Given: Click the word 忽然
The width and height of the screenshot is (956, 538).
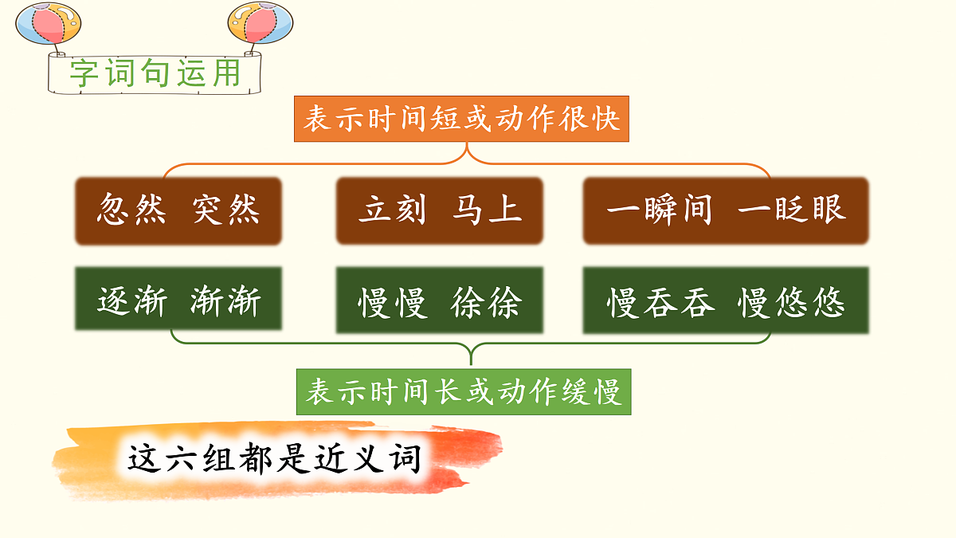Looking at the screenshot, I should (131, 210).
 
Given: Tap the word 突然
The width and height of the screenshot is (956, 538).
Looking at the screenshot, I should (225, 210).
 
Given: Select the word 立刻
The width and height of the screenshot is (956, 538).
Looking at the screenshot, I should (392, 210).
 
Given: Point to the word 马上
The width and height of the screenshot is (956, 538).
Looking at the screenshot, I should (487, 210).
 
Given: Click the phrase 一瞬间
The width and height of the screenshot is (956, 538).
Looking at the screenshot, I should (659, 210).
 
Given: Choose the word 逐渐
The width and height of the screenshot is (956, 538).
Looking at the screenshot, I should (132, 301).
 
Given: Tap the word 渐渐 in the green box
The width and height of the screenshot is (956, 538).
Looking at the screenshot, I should (225, 301).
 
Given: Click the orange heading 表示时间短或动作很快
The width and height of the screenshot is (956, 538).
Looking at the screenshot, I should (462, 120).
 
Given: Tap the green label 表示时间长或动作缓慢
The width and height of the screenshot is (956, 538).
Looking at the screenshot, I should (464, 392).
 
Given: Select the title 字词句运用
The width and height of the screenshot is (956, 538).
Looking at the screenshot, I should (155, 73).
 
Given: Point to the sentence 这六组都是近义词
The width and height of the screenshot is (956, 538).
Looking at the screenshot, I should (275, 460).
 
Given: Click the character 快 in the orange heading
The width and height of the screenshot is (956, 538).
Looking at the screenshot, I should (605, 120).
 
